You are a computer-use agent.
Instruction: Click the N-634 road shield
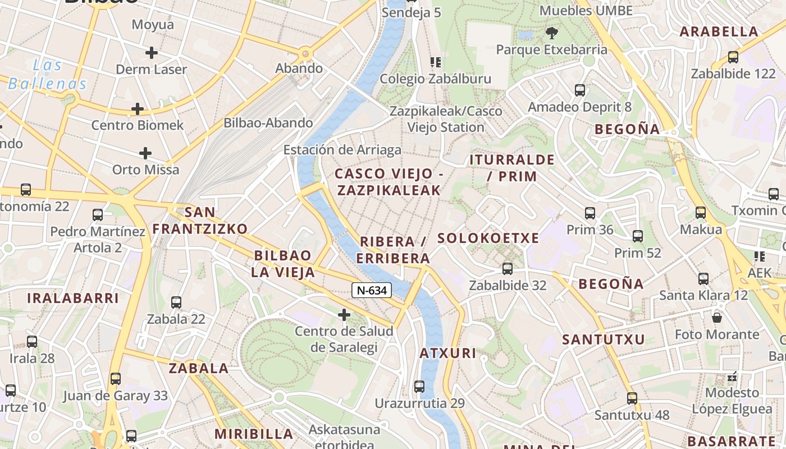coord(372,290)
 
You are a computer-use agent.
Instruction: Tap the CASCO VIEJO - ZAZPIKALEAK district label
coord(389,182)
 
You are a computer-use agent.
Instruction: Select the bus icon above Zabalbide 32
coord(508,269)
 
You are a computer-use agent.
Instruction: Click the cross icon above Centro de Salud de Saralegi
coord(344,315)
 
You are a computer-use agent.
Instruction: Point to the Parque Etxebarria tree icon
coord(552,33)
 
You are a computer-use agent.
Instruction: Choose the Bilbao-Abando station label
coord(268,122)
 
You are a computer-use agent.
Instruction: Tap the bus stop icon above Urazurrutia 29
coord(419,386)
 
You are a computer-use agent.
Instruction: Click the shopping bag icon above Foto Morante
coord(717,318)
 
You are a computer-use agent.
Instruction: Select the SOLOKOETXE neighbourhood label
coord(488,238)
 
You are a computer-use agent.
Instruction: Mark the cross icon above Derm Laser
coord(151,53)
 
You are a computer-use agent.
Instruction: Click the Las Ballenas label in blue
coord(48,75)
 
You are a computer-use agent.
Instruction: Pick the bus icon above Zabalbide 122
coord(733,57)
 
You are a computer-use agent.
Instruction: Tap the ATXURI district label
coord(448,353)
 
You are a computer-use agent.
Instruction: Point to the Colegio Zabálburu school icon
coord(436,62)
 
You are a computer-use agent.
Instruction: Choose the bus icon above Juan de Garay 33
coord(116,378)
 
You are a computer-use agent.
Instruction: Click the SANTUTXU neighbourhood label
coord(604,339)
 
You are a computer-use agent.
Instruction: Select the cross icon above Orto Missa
coord(145,153)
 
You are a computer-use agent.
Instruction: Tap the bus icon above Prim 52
coord(638,236)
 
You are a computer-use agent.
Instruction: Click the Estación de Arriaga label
coord(342,150)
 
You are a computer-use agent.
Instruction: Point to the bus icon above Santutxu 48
coord(632,398)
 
